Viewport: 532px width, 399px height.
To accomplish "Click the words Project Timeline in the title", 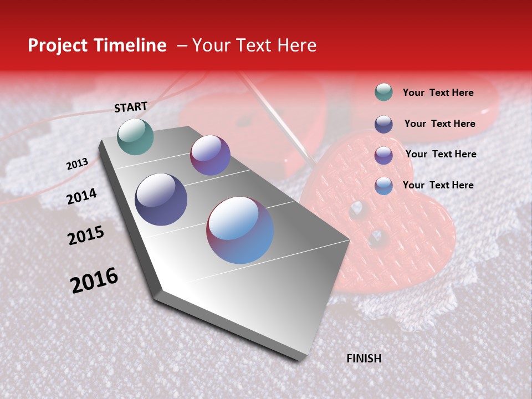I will (x=97, y=45).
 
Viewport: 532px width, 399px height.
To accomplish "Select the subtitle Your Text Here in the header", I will (x=254, y=45).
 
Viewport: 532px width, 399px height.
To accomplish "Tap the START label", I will (x=131, y=107).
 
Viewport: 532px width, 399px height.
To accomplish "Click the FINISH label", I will (x=364, y=359).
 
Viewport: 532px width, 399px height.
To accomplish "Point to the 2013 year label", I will (x=78, y=164).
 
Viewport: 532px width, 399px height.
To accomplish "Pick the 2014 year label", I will (x=82, y=196).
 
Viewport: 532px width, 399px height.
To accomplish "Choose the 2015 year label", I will (x=86, y=236).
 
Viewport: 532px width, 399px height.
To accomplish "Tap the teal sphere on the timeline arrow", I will (x=136, y=136).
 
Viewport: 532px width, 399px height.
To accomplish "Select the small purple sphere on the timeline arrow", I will (x=210, y=155).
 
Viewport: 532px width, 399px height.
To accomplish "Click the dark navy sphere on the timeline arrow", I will (x=161, y=199).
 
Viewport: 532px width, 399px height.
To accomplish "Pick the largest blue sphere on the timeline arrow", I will (x=240, y=230).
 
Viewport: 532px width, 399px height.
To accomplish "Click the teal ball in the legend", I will (x=383, y=92).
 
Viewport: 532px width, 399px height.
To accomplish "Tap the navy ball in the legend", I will (x=383, y=124).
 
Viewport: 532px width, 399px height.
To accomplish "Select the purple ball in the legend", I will (x=383, y=155).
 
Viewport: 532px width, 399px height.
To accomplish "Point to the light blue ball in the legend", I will (x=383, y=186).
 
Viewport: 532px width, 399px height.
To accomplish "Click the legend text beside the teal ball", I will (x=438, y=93).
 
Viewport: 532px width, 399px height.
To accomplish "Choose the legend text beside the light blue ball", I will (x=438, y=185).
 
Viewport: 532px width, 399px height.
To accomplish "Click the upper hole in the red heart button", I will (x=357, y=210).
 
